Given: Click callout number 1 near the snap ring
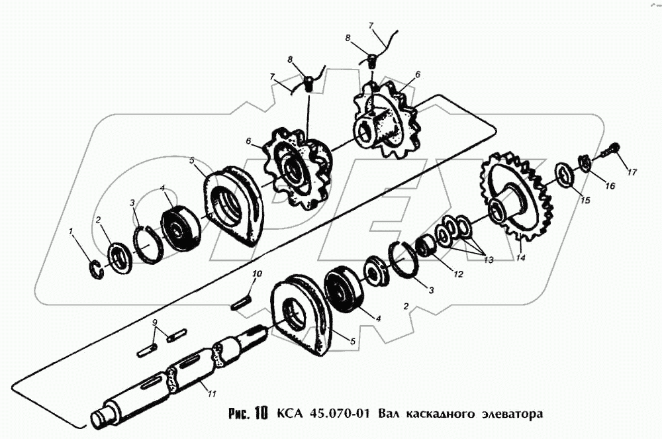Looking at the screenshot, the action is [x=71, y=231].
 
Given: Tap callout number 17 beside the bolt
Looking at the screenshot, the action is [x=632, y=171].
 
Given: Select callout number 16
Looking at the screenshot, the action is [x=610, y=185].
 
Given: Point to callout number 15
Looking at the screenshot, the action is [x=585, y=200].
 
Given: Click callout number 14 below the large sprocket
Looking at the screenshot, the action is [x=521, y=257].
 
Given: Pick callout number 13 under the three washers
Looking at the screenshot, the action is [x=488, y=260].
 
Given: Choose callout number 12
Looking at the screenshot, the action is [x=458, y=274].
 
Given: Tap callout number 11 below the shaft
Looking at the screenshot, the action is [x=212, y=394].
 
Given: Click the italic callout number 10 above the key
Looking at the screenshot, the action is [x=257, y=274].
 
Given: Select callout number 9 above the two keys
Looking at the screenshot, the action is [x=156, y=322].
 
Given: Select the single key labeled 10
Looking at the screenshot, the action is [x=242, y=303].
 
